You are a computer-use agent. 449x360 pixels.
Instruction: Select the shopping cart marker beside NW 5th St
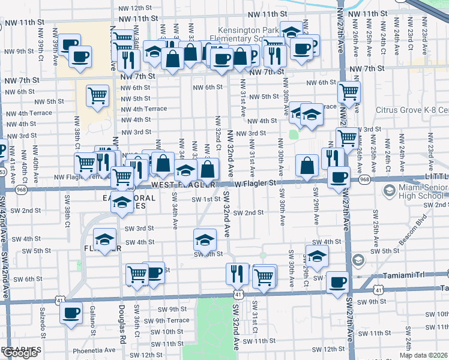(97, 95)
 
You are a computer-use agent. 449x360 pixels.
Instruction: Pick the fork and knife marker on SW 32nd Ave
(237, 273)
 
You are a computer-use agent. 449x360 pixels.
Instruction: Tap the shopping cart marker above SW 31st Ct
(264, 275)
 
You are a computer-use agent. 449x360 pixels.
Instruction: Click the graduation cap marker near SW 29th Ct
(317, 254)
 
